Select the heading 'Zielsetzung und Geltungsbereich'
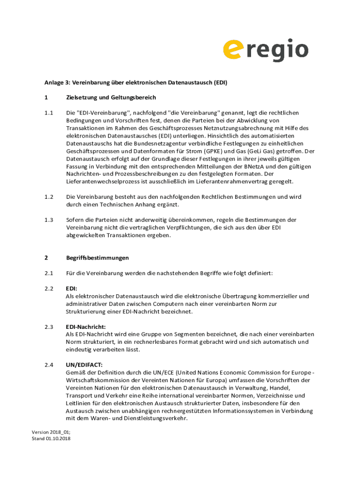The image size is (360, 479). click(111, 97)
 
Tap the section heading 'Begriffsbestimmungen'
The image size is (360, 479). click(97, 258)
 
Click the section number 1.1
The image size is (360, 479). click(49, 113)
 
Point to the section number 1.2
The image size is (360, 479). click(49, 197)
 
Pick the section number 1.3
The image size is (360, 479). click(49, 220)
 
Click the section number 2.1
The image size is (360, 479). click(49, 273)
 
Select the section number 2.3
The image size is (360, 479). click(49, 327)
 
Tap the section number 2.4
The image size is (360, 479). click(49, 364)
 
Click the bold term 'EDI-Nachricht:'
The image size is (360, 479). click(86, 327)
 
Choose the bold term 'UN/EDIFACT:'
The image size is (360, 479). click(84, 364)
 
